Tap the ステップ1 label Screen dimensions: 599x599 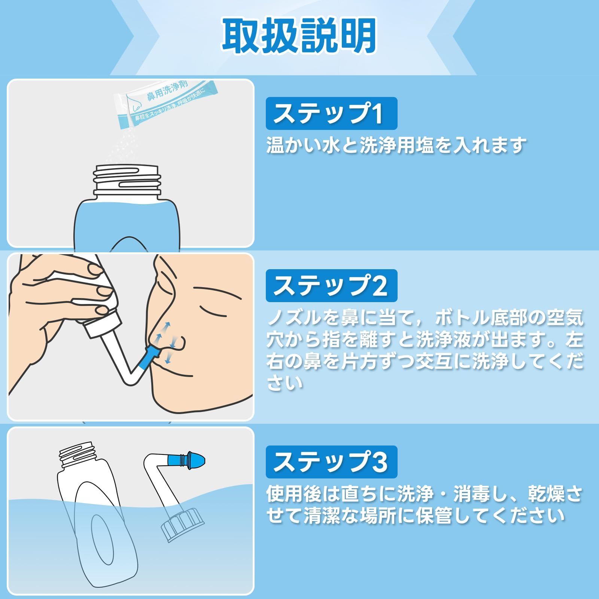tap(331, 113)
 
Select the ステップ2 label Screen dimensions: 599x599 tap(331, 286)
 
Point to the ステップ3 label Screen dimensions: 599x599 tap(331, 462)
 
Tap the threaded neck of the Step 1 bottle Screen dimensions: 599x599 tap(127, 180)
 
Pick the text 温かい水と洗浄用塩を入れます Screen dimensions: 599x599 tap(396, 145)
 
